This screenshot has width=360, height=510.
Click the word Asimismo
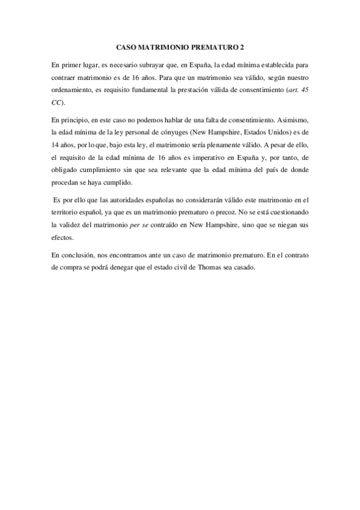[294, 120]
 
